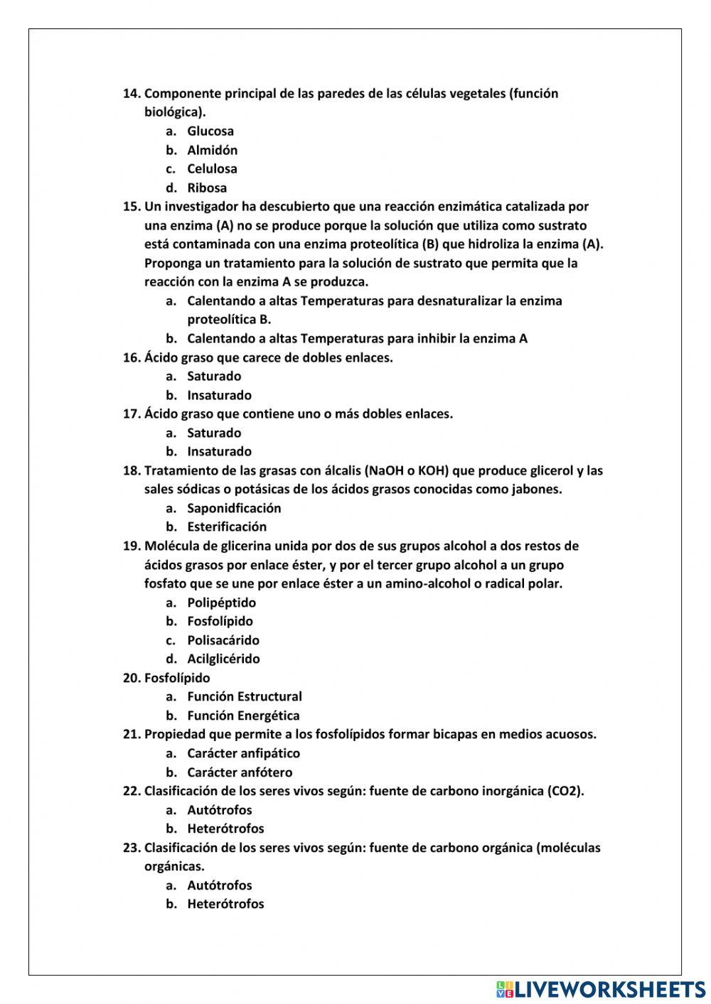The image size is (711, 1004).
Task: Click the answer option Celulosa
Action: pos(212,169)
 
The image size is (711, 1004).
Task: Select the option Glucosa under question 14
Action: pos(210,131)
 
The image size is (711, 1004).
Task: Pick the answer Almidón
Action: pos(212,151)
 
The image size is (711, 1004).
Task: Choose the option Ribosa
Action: pos(207,188)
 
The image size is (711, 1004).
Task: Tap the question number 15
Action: pos(132,207)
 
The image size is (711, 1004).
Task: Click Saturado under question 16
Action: pos(214,377)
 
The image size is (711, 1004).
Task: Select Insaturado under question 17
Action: pos(219,452)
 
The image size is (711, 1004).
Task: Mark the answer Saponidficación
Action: pos(234,509)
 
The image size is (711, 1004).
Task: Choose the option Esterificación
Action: pos(227,527)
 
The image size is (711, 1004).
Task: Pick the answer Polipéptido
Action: pos(221,603)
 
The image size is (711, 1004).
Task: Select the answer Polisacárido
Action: pos(223,641)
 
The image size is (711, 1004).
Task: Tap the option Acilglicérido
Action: pos(223,659)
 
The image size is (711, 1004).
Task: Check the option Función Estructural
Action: pos(244,697)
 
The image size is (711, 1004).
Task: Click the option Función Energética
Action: pos(243,716)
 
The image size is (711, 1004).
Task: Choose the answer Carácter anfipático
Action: pos(243,754)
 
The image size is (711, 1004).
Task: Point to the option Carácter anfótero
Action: pos(240,773)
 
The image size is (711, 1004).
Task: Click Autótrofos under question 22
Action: pos(219,811)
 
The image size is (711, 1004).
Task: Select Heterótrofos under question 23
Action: pos(225,905)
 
